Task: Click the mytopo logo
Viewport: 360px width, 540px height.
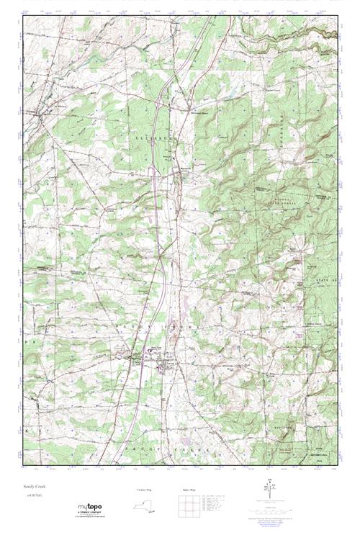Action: pyautogui.click(x=89, y=507)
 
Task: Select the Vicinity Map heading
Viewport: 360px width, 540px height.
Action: pyautogui.click(x=144, y=490)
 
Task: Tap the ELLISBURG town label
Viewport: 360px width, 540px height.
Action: pyautogui.click(x=151, y=133)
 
